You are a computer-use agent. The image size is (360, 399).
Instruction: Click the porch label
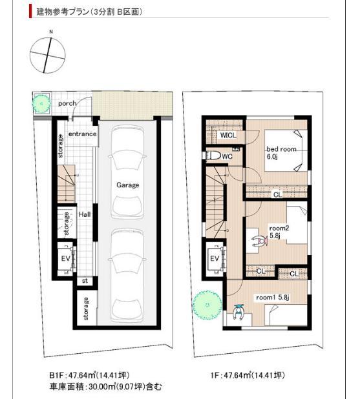[x=67, y=103]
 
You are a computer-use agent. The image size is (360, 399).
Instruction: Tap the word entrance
[x=83, y=134]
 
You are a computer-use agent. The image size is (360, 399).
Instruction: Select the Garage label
[x=128, y=185]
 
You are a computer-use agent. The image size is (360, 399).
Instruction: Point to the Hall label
[x=84, y=214]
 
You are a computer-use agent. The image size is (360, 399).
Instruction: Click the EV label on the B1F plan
[x=65, y=258]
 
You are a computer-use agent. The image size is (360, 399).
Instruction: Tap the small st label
[x=85, y=281]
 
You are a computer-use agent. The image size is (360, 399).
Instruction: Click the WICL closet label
[x=227, y=136]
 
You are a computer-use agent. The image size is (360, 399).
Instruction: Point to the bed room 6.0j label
[x=281, y=152]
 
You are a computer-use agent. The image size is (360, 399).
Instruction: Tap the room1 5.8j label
[x=272, y=297]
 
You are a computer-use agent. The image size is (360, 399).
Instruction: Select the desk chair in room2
[x=259, y=240]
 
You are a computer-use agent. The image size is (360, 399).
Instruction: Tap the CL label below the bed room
[x=277, y=194]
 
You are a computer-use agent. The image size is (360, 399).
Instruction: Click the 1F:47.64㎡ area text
[x=248, y=375]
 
